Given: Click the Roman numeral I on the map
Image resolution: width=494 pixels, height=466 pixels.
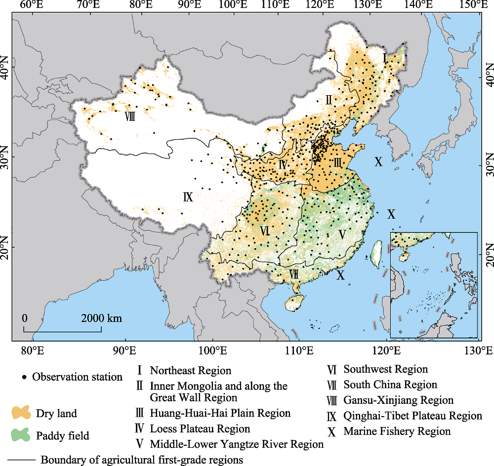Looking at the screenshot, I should (384, 58).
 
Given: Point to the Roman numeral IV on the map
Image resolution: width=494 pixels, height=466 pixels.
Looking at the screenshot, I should (283, 164).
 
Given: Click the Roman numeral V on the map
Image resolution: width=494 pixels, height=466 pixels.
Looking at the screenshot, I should (341, 234).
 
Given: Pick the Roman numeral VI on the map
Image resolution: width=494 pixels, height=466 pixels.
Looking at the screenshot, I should (264, 231).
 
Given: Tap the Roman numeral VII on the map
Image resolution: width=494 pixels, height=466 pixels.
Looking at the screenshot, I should (293, 274).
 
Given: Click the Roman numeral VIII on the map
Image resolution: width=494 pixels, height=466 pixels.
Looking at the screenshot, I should (130, 116).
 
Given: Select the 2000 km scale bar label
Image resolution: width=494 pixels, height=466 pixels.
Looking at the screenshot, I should (102, 318).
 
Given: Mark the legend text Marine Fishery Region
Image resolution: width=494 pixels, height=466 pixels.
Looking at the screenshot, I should (397, 431).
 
